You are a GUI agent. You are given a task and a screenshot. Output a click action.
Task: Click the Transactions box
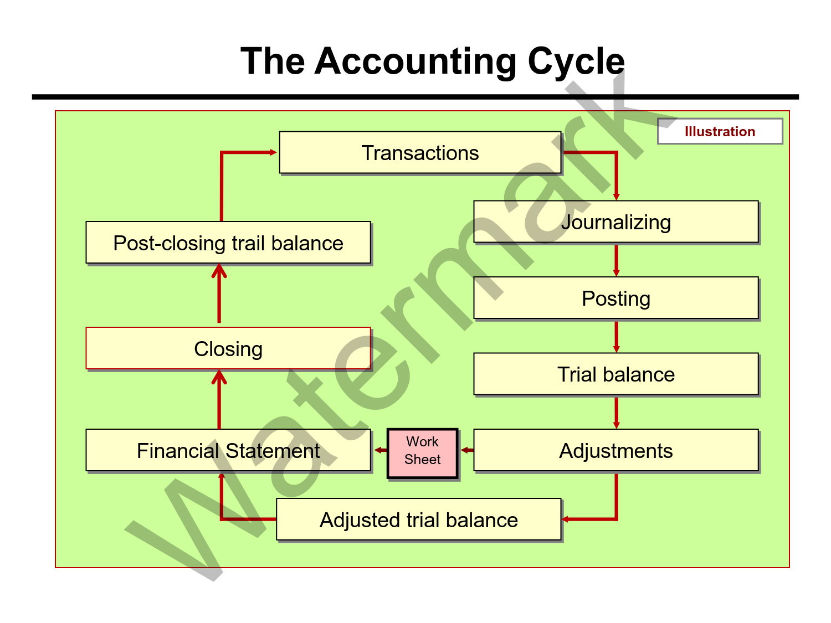[420, 153]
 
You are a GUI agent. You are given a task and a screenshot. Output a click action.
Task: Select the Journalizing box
[615, 222]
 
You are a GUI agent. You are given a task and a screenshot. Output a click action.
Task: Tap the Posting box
[615, 298]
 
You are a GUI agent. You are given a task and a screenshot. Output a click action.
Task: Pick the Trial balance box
[615, 374]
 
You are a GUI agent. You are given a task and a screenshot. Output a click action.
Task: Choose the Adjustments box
[615, 451]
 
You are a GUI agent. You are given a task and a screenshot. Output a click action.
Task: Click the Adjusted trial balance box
[419, 520]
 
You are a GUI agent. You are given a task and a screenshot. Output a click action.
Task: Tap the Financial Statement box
[228, 451]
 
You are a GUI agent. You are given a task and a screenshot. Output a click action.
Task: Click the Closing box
[228, 349]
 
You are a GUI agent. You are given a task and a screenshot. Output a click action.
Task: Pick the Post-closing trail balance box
[228, 243]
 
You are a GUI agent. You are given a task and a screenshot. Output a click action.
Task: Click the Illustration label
[720, 132]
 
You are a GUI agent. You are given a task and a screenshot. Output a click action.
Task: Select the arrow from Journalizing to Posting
[616, 260]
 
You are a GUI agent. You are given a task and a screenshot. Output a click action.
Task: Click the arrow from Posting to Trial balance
[616, 336]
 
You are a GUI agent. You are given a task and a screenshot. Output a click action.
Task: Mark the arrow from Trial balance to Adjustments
[616, 412]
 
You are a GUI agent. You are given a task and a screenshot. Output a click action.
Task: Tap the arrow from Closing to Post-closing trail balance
[219, 294]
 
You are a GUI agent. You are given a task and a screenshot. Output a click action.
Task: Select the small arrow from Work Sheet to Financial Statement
[380, 450]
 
